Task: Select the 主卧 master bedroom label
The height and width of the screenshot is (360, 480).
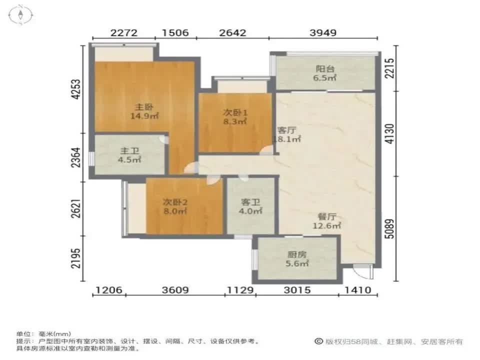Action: pos(144,107)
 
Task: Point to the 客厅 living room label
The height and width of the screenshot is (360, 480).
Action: pos(287,130)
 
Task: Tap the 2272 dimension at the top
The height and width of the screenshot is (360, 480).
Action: pos(123,33)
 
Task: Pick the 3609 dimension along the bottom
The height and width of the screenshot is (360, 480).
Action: pos(174,290)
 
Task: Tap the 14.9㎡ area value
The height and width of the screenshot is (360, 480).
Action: pos(144,116)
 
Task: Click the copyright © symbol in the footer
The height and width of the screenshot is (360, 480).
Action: pos(318,341)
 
